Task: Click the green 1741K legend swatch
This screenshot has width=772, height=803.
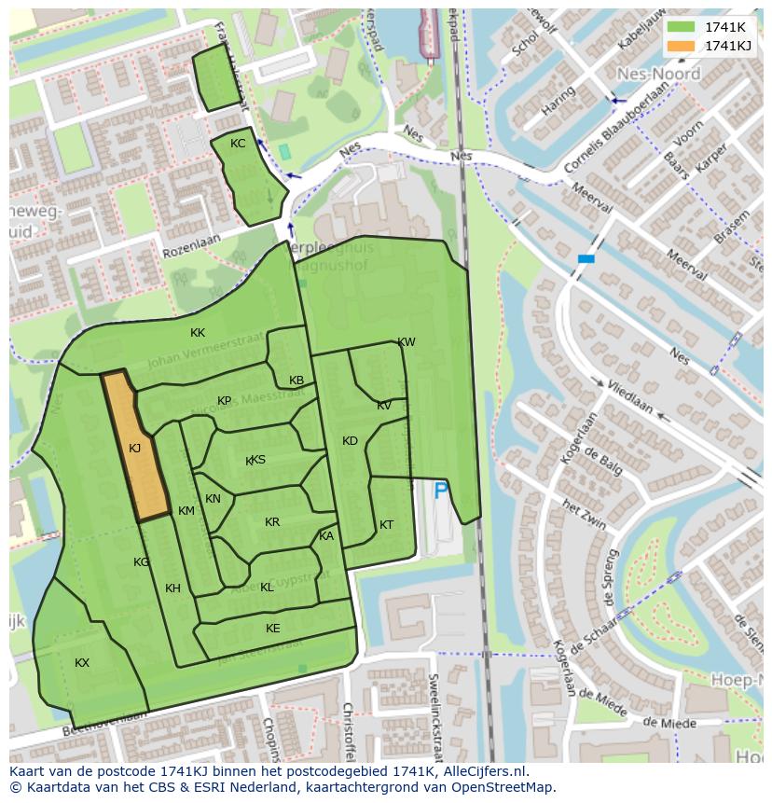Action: click(x=682, y=27)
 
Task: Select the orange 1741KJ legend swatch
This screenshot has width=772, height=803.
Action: click(x=682, y=46)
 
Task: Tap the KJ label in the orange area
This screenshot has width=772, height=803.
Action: click(x=134, y=449)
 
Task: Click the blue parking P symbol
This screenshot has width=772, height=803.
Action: click(x=441, y=490)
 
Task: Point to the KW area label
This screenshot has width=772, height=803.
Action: click(x=407, y=342)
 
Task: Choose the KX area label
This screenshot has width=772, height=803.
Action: click(x=82, y=662)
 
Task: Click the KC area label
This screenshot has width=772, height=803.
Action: click(x=238, y=144)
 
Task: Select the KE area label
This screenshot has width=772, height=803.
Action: click(x=272, y=629)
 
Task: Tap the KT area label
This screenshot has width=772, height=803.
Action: click(x=386, y=525)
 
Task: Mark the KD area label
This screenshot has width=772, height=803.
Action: click(x=350, y=441)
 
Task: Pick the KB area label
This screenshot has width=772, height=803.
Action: click(x=296, y=381)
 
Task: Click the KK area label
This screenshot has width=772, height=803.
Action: click(x=198, y=333)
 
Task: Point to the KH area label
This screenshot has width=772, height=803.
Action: click(x=172, y=588)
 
